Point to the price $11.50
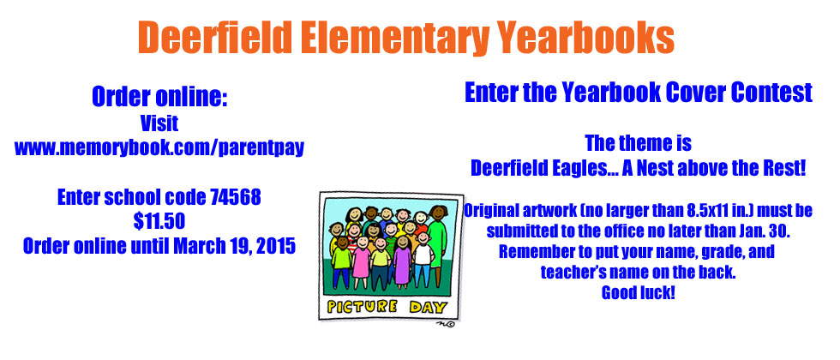159,221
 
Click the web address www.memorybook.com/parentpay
159,147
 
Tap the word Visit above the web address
159,123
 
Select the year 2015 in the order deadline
275,246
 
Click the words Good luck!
638,292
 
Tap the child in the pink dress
362,262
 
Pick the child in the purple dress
402,261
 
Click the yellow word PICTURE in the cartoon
362,307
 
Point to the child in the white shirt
423,261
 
